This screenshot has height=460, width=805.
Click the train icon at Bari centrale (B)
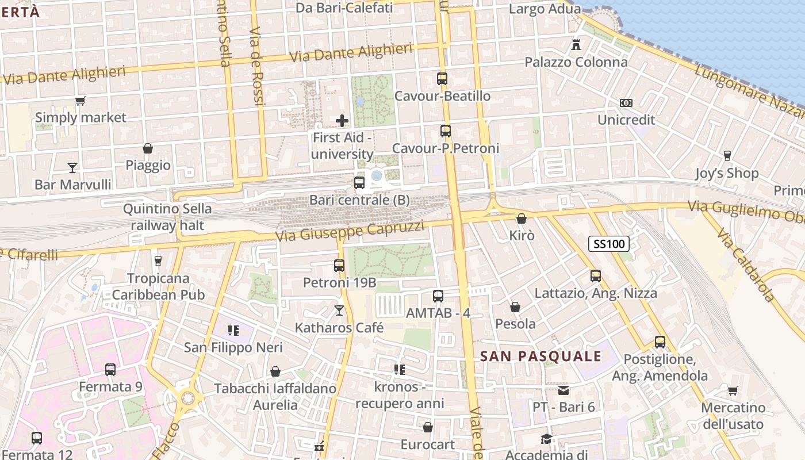tap(359, 183)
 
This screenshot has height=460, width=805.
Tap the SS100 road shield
tap(609, 244)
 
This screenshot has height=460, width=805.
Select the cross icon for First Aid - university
tap(342, 121)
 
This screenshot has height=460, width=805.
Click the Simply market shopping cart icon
tap(80, 101)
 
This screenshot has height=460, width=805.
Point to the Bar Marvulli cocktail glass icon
tap(72, 167)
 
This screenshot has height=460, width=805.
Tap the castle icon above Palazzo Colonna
tap(576, 44)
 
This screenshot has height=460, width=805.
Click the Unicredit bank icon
tap(626, 102)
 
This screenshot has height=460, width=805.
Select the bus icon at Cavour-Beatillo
tap(442, 79)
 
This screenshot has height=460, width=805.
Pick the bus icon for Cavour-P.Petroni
tap(446, 131)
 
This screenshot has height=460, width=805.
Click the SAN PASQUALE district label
tap(540, 356)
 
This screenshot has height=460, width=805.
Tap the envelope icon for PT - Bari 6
tap(563, 390)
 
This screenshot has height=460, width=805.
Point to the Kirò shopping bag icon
tap(522, 218)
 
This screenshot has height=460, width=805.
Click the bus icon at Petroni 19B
tap(339, 266)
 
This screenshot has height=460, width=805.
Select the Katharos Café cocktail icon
tap(339, 310)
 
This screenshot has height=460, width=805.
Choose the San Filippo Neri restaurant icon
tap(233, 330)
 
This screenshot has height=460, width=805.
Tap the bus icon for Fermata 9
tap(110, 369)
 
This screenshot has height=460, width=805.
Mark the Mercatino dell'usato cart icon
tap(733, 391)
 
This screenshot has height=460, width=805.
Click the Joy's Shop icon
tap(727, 156)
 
